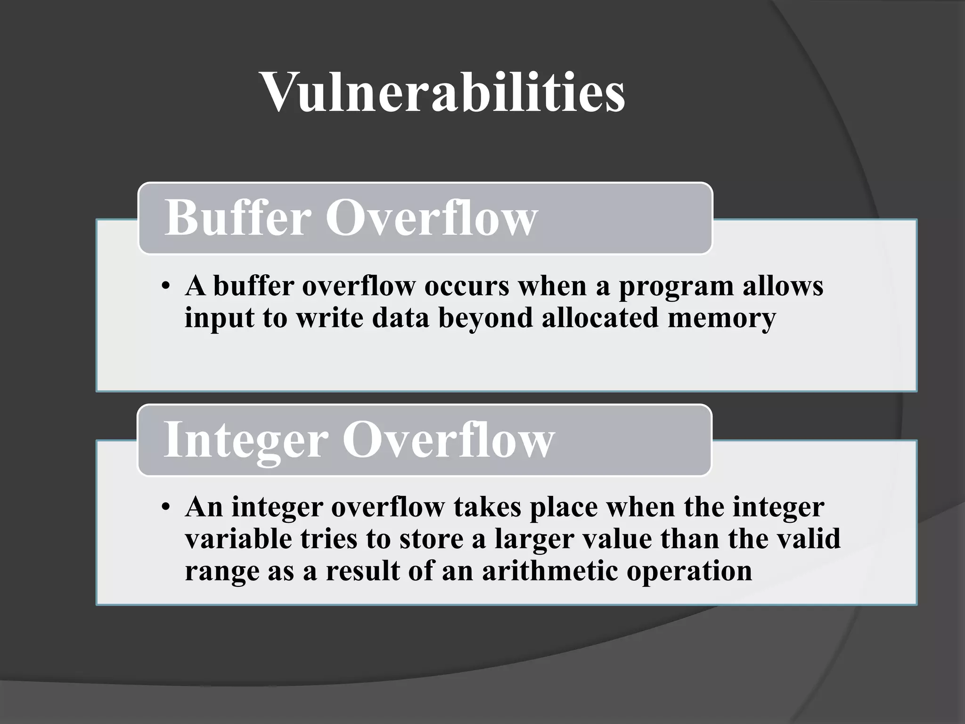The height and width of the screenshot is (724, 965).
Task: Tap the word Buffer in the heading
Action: click(237, 218)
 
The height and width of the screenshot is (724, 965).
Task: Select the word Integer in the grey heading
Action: click(245, 439)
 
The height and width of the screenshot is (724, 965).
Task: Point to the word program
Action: click(676, 287)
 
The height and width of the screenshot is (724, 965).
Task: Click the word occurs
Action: click(466, 287)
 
